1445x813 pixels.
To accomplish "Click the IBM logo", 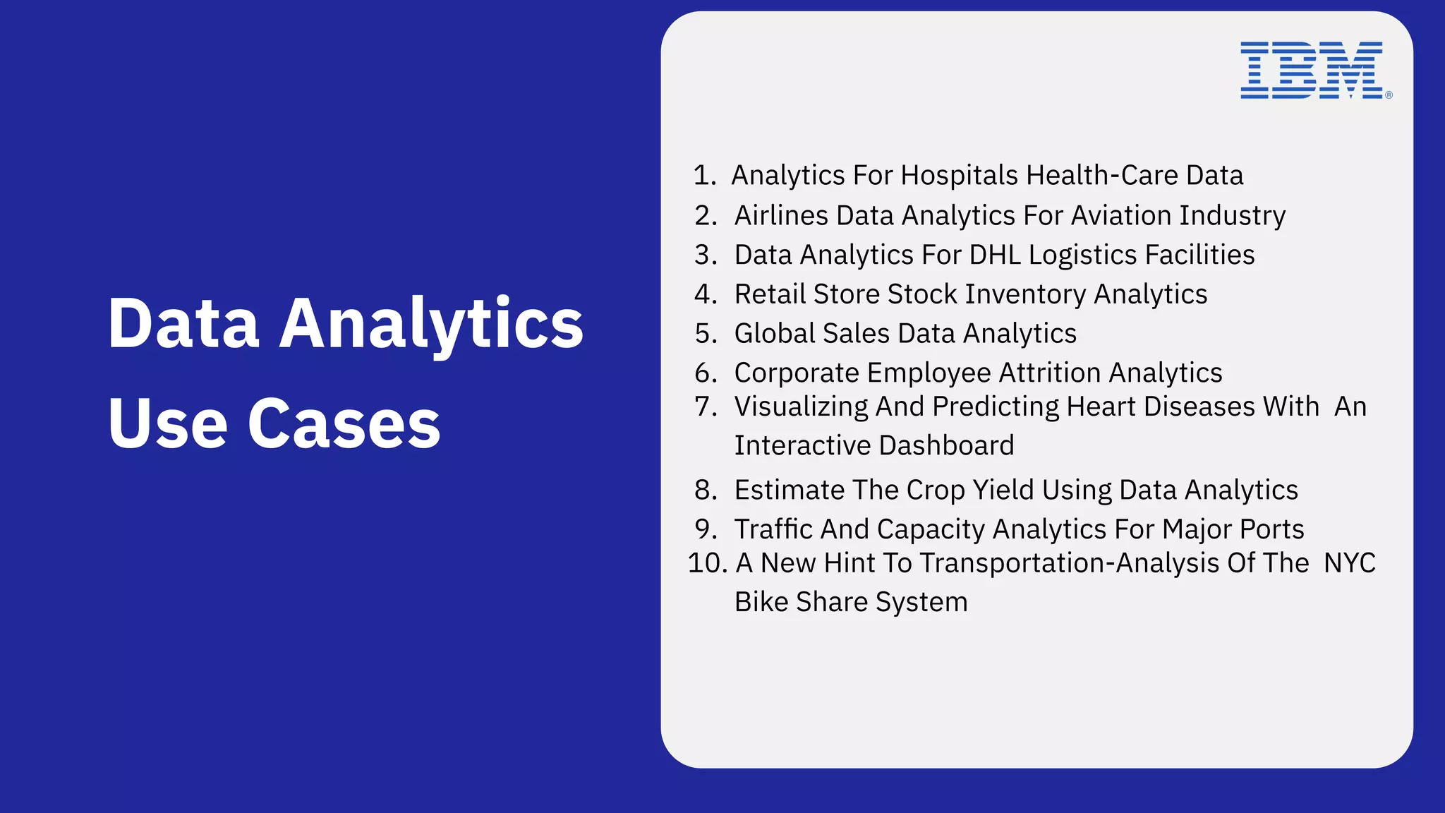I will point(1312,70).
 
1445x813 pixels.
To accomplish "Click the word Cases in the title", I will point(344,423).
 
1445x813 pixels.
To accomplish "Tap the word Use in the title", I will point(167,423).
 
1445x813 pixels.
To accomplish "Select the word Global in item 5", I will point(774,334).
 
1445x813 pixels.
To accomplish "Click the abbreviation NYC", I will point(1349,563).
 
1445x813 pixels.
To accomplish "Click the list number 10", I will point(707,563).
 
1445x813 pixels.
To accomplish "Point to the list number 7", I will point(705,406).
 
